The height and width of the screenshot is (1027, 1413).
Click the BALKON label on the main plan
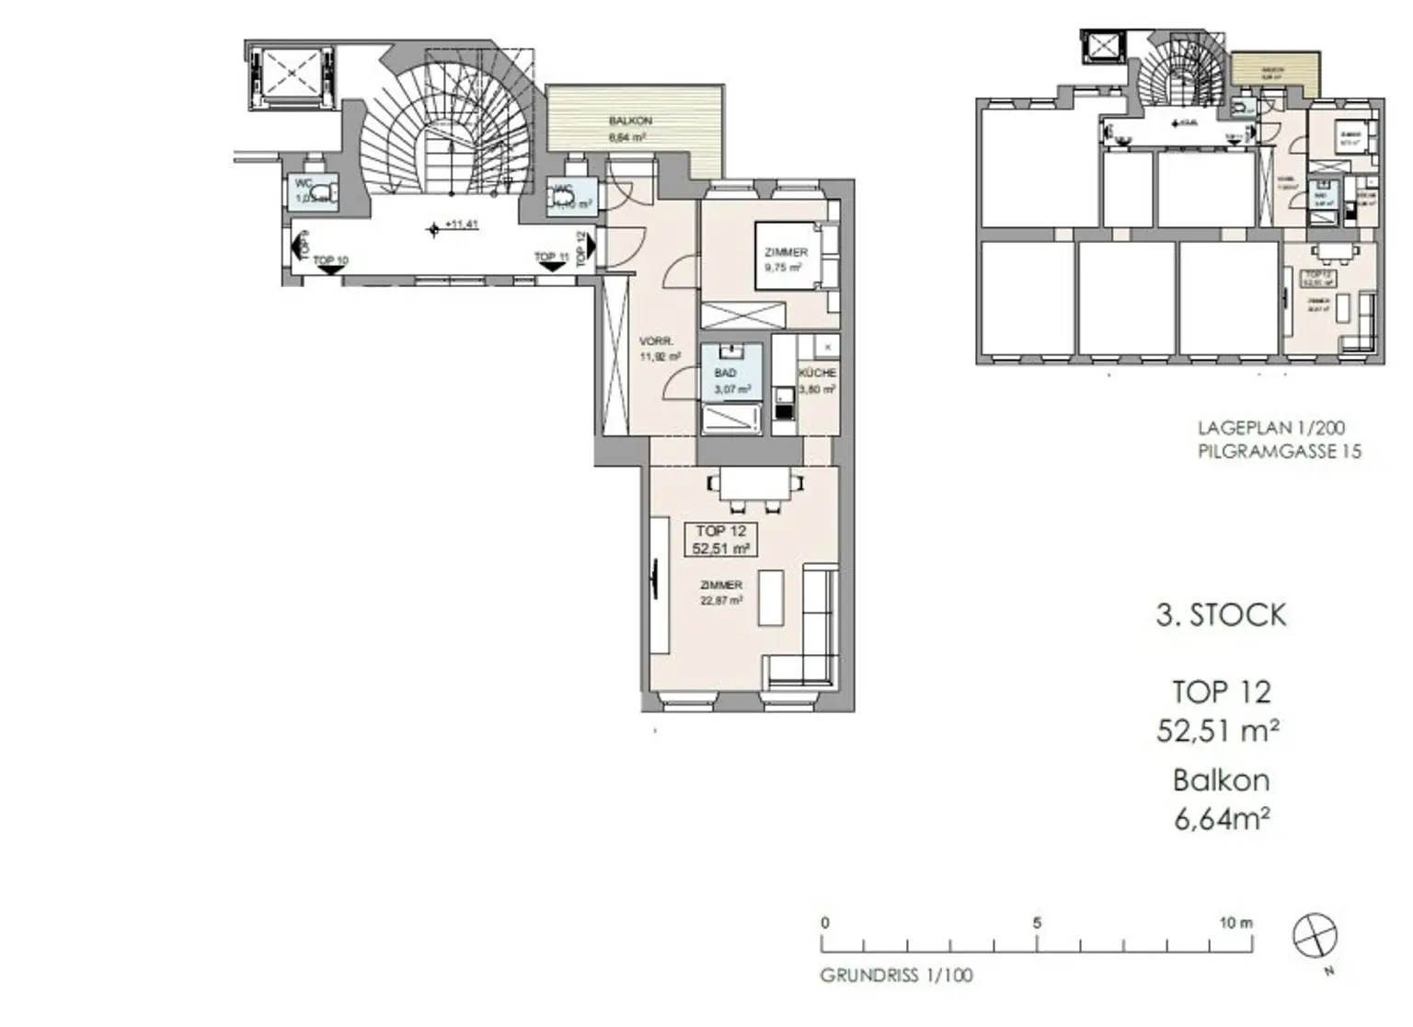630,121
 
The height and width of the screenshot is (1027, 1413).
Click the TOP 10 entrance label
330,261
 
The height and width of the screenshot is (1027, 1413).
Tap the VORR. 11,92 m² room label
659,349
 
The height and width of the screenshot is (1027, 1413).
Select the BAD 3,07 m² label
730,381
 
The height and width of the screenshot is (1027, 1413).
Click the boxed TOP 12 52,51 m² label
721,540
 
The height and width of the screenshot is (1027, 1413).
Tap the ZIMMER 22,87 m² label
720,593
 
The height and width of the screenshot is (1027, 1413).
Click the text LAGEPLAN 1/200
1270,428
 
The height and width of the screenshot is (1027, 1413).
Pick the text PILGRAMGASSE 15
1279,451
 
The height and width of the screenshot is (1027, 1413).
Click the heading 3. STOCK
1221,615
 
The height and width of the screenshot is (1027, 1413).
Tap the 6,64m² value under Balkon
1222,818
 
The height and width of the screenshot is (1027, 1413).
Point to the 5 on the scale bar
1037,923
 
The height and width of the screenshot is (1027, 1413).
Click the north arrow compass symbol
1315,937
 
